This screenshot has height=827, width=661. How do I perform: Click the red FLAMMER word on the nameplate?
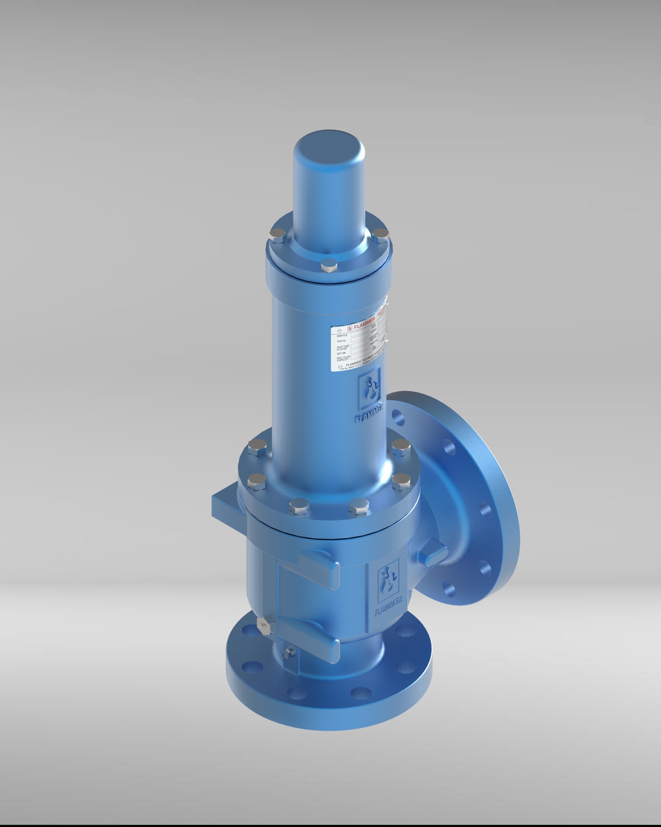364,326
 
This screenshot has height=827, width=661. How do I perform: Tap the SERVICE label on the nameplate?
342,335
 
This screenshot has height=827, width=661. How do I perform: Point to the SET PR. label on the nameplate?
341,353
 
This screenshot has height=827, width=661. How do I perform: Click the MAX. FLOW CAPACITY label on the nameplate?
343,359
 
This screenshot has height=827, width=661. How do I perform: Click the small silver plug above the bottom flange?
264,626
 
